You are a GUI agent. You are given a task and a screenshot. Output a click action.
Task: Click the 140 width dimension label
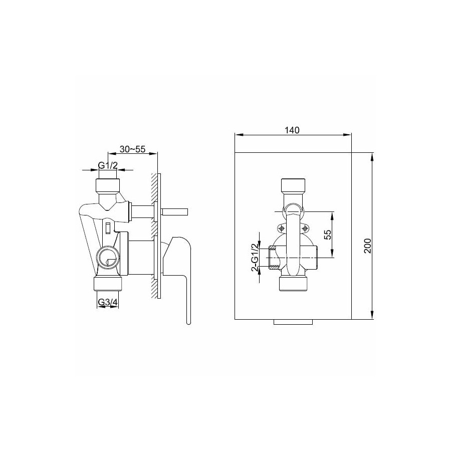292,130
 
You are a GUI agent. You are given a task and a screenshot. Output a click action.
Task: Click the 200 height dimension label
368,246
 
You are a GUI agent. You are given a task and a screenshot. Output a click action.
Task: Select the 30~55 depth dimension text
133,149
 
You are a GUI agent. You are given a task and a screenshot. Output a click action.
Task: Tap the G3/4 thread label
108,302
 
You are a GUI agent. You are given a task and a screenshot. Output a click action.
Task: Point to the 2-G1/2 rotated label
255,258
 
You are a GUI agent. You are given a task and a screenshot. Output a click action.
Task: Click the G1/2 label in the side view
108,165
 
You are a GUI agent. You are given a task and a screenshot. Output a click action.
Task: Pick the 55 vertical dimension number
328,235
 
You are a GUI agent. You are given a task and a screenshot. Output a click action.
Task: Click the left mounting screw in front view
282,229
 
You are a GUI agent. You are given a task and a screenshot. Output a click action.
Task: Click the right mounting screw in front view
305,229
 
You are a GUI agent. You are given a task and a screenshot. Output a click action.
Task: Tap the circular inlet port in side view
108,257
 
